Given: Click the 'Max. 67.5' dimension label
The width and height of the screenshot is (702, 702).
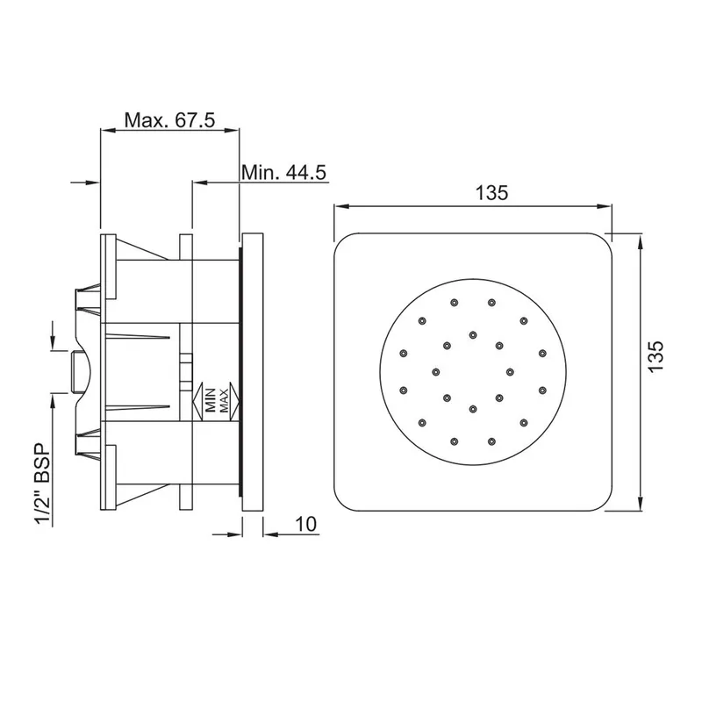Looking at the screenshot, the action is tap(169, 120).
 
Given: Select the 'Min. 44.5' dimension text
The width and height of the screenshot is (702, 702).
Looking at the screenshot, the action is tap(283, 172).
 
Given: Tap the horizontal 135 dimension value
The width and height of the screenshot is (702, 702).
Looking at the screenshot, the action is tap(491, 193).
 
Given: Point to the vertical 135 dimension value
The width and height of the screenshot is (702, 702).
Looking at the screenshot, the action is tap(655, 356).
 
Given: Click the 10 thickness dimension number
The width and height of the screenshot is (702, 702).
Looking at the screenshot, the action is tap(305, 524).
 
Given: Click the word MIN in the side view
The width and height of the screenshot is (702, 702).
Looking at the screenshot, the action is tap(211, 400).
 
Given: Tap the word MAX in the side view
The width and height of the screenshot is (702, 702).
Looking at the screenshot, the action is tap(224, 400).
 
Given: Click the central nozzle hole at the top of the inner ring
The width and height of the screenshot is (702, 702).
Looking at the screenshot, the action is tap(473, 334).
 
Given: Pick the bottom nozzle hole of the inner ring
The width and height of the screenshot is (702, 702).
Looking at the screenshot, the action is tap(473, 408).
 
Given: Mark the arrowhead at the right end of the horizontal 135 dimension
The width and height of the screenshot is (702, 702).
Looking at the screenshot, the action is tap(605, 206).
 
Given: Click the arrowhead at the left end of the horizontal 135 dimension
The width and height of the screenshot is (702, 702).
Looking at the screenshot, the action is tap(341, 206).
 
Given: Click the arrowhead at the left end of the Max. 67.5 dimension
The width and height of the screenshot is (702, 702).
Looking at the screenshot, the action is tap(108, 130).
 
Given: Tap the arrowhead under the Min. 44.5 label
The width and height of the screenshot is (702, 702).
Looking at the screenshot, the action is tap(200, 183).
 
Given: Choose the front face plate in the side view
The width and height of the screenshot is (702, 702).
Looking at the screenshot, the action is tap(253, 371).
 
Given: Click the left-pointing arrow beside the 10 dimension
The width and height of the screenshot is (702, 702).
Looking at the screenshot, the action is tap(271, 534).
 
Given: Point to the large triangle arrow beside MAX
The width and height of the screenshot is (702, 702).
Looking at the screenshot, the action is tap(234, 401).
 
